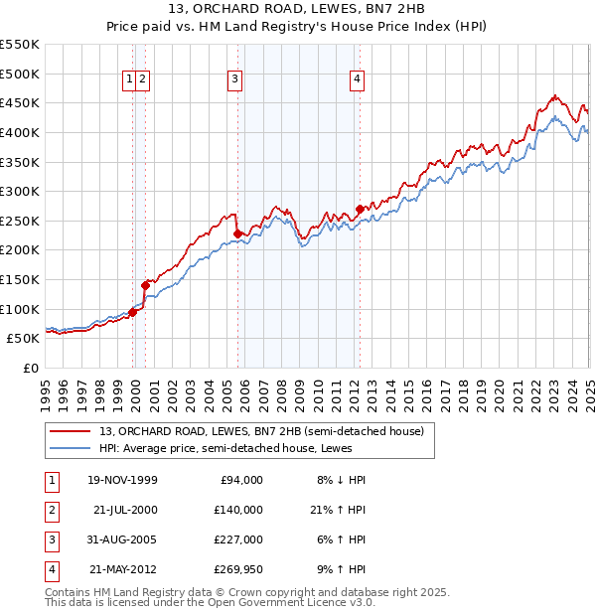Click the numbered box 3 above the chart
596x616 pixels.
tap(234, 80)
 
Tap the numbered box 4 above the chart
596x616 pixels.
tap(356, 80)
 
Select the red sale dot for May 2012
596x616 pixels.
tap(360, 209)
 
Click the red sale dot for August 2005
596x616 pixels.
tap(237, 233)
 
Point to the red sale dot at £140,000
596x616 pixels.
tap(145, 285)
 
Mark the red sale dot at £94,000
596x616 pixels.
tap(133, 312)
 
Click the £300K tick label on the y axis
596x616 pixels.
tap(20, 191)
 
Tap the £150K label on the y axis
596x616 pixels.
tap(20, 279)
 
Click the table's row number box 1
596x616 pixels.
tap(51, 480)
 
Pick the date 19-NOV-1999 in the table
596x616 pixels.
tap(122, 480)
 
